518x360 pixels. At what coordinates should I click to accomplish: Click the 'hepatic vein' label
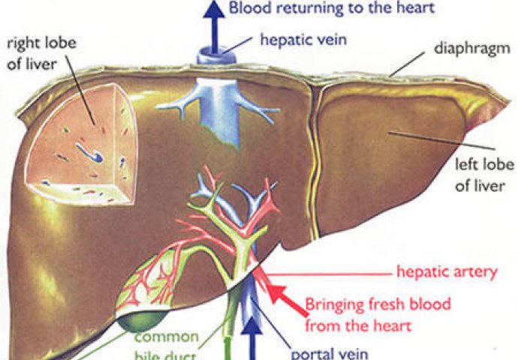tap(303, 40)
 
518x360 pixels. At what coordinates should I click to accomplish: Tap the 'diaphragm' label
tap(472, 49)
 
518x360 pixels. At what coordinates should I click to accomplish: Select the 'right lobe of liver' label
tap(41, 52)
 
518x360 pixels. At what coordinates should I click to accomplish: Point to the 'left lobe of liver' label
tap(484, 175)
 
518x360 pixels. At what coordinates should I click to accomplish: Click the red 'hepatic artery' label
tap(447, 272)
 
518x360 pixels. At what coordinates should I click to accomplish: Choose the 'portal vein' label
tap(330, 353)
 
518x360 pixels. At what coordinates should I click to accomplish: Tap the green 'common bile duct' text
tap(167, 346)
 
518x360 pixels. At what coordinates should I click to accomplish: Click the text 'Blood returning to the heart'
tap(332, 8)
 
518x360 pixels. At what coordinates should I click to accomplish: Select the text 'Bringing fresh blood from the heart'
tap(378, 314)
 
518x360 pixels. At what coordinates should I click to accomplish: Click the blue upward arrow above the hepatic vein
tap(214, 26)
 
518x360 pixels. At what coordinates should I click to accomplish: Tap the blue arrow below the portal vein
tap(253, 339)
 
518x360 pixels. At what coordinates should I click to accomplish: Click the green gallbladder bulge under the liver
tap(141, 321)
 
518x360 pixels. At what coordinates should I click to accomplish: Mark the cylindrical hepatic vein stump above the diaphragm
tap(216, 56)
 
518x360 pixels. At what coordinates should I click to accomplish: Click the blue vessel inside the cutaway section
tap(89, 152)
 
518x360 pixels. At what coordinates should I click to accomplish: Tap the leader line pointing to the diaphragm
tap(407, 64)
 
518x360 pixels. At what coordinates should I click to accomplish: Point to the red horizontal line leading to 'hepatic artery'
tap(330, 274)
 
